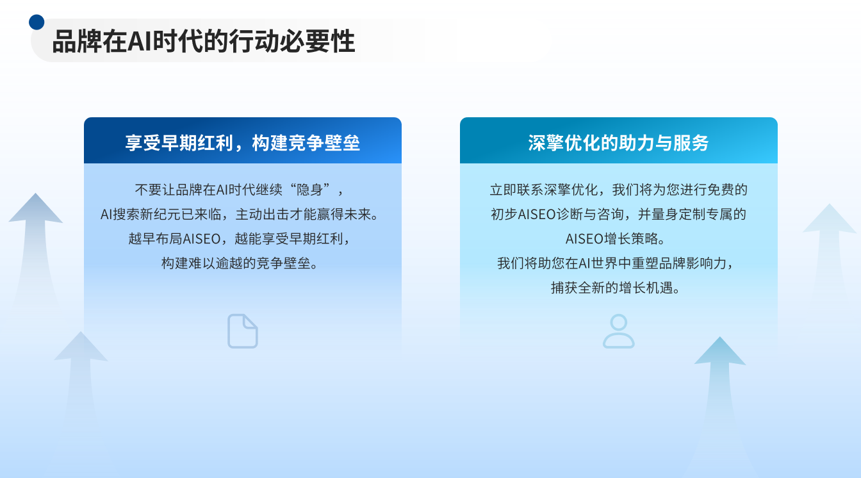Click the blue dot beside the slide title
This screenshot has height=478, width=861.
(37, 22)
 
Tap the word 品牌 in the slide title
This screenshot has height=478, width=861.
(77, 42)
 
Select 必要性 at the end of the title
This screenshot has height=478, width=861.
(317, 42)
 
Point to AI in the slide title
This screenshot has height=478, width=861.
(139, 42)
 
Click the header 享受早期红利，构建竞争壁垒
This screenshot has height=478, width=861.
(243, 143)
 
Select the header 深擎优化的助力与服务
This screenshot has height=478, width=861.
(618, 143)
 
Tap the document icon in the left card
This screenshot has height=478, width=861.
(243, 331)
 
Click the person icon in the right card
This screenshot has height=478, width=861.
(618, 331)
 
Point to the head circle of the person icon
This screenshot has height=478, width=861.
(618, 322)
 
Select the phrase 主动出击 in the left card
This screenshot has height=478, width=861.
(262, 215)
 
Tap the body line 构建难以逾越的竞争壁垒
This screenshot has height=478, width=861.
(239, 263)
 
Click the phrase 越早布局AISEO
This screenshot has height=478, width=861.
(174, 239)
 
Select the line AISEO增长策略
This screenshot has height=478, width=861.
(615, 239)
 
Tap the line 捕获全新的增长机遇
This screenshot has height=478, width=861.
(615, 288)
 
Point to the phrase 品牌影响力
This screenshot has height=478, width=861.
(693, 263)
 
